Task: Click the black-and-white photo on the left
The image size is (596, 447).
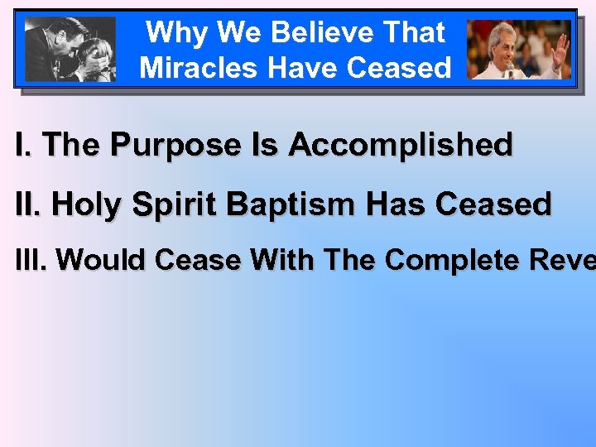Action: [70, 49]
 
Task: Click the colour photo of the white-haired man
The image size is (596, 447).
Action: [519, 50]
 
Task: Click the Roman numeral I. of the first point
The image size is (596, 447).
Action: [24, 145]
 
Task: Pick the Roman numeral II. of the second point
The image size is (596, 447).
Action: [28, 203]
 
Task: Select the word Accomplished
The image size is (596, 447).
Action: [401, 145]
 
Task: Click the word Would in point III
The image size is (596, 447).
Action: [102, 260]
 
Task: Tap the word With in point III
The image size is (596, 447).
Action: [284, 260]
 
